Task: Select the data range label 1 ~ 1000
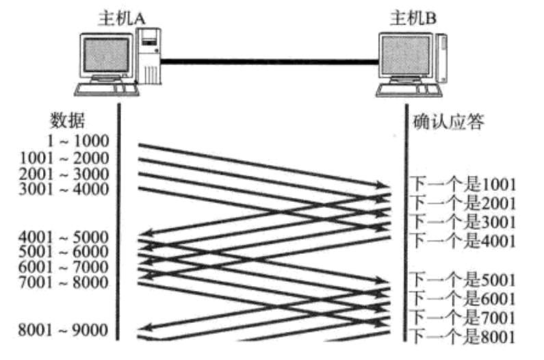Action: (x=79, y=142)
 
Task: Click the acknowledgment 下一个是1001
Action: (x=463, y=185)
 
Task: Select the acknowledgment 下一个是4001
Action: (x=463, y=240)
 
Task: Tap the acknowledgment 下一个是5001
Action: (x=463, y=280)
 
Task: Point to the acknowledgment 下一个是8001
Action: (x=463, y=335)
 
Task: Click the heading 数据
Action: (x=68, y=120)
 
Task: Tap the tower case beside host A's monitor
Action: (x=150, y=59)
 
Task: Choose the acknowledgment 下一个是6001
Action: (x=463, y=298)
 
